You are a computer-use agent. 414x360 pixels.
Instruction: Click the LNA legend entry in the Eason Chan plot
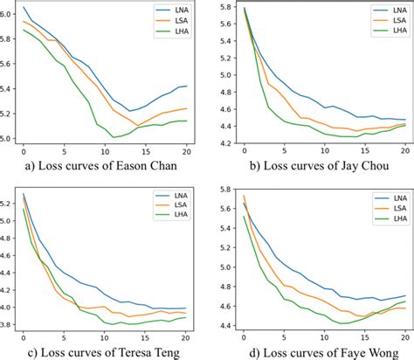[x=176, y=11]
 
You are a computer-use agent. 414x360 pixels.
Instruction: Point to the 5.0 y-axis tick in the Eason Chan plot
[x=9, y=138]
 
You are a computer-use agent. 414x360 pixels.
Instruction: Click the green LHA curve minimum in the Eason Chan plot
[x=114, y=137]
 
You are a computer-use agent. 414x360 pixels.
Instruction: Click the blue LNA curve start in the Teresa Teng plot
[x=24, y=194]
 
